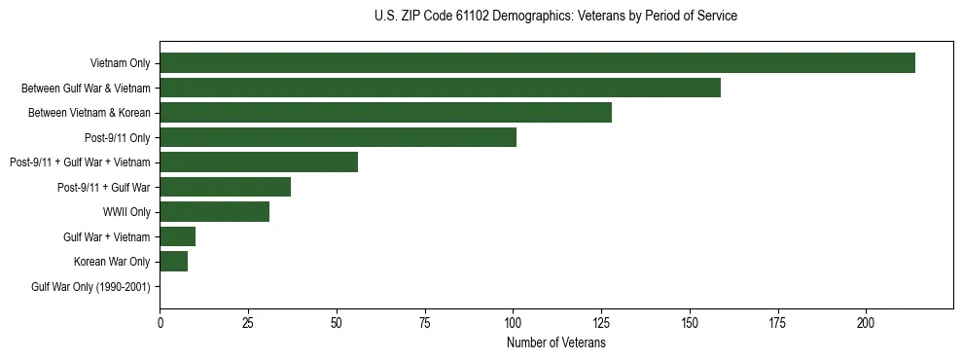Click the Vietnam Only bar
pyautogui.click(x=537, y=63)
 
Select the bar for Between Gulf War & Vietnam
pyautogui.click(x=440, y=88)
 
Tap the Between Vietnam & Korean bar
pyautogui.click(x=385, y=113)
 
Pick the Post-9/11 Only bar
pyautogui.click(x=338, y=137)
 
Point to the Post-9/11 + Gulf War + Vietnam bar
pyautogui.click(x=259, y=162)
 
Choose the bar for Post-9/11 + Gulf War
pyautogui.click(x=225, y=187)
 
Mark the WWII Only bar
pyautogui.click(x=214, y=211)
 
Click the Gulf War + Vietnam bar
pyautogui.click(x=177, y=236)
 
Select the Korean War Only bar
pyautogui.click(x=173, y=261)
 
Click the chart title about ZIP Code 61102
pyautogui.click(x=555, y=17)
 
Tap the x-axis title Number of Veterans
pyautogui.click(x=555, y=342)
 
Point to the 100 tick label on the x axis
pyautogui.click(x=513, y=322)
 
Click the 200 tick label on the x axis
pyautogui.click(x=866, y=322)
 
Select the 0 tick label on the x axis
pyautogui.click(x=160, y=322)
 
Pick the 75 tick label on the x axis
pyautogui.click(x=424, y=322)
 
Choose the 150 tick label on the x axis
pyautogui.click(x=690, y=322)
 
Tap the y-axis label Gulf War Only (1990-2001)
pyautogui.click(x=90, y=286)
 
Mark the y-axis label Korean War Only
pyautogui.click(x=112, y=261)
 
